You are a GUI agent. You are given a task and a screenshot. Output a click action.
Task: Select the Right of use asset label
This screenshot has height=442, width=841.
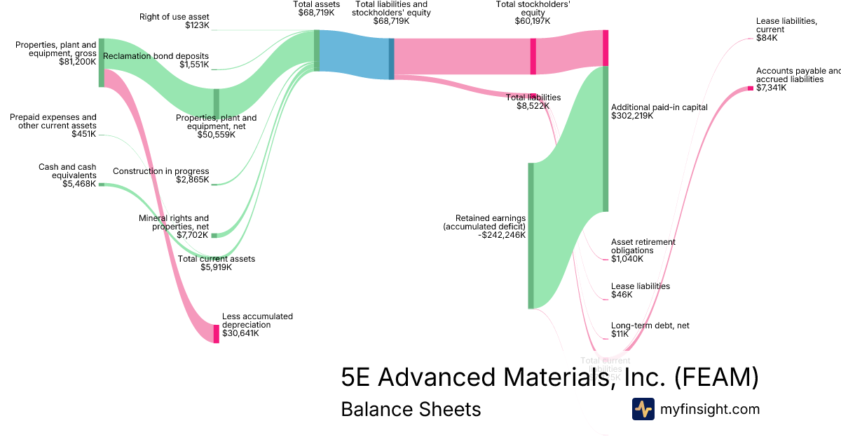(x=174, y=16)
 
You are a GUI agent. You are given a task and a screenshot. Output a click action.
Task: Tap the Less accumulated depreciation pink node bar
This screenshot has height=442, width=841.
(x=216, y=333)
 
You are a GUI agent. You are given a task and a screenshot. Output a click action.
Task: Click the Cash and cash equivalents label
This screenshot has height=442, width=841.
(x=67, y=171)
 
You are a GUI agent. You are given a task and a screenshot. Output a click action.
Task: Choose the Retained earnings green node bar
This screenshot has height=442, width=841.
(x=531, y=235)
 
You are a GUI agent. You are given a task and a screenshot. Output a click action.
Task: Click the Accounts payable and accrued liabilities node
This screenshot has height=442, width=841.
(x=750, y=88)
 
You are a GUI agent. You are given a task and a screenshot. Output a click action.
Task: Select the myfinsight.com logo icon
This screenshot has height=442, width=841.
(x=643, y=409)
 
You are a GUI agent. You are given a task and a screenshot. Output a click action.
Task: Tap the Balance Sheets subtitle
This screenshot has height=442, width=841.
(x=411, y=409)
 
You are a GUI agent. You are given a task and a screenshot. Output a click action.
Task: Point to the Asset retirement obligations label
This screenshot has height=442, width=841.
(x=643, y=246)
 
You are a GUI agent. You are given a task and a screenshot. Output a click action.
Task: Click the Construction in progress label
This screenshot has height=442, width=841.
(x=160, y=171)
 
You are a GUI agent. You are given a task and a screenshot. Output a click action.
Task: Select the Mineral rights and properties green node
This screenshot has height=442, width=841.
(x=215, y=235)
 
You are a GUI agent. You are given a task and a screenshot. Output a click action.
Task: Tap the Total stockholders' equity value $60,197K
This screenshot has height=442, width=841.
(x=533, y=22)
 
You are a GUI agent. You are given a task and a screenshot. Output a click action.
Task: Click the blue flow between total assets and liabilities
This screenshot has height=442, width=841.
(x=354, y=55)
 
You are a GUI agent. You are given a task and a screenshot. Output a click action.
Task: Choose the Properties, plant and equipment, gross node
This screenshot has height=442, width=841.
(x=102, y=62)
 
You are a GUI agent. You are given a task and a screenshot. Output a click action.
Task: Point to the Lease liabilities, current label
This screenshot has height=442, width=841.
(x=786, y=25)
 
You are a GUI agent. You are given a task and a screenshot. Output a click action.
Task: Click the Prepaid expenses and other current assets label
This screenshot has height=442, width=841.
(x=53, y=121)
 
